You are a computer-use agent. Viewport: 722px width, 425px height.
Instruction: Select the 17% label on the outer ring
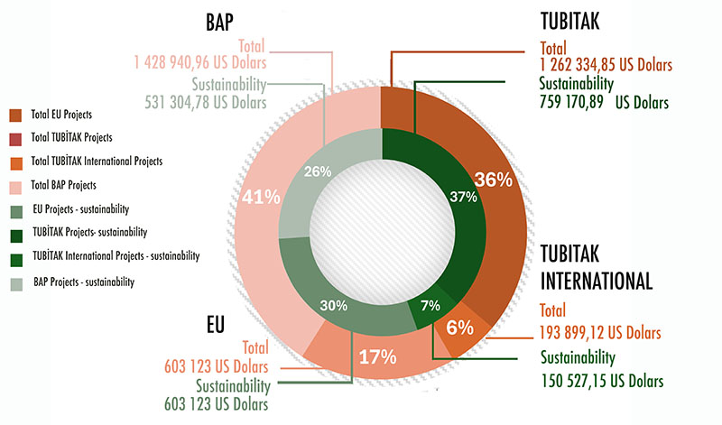pyautogui.click(x=378, y=356)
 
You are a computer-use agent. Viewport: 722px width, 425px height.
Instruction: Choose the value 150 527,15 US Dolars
pyautogui.click(x=602, y=380)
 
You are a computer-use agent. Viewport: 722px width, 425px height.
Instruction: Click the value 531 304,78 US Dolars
pyautogui.click(x=206, y=102)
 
